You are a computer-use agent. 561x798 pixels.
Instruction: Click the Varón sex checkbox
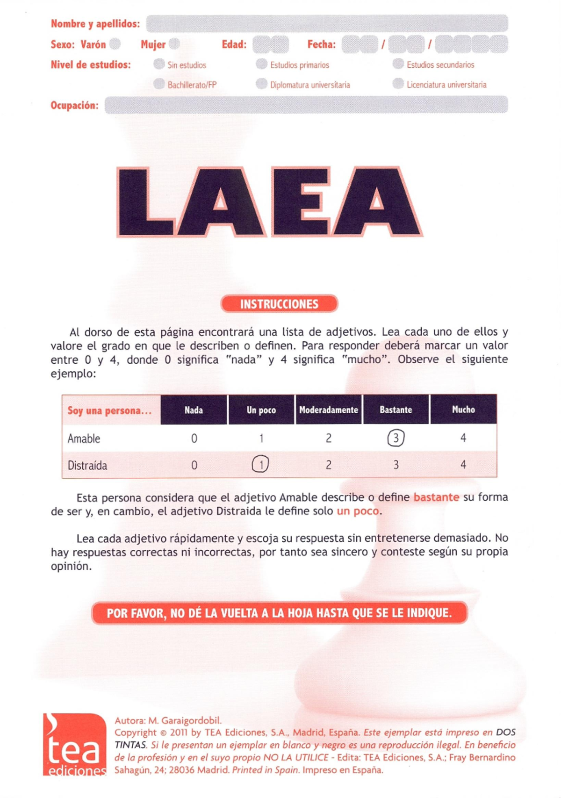(115, 44)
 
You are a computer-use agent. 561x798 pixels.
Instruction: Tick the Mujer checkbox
(174, 44)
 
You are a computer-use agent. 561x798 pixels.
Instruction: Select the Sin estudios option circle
(159, 64)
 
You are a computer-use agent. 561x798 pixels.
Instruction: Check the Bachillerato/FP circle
(159, 84)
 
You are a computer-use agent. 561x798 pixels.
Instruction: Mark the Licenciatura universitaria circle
(398, 84)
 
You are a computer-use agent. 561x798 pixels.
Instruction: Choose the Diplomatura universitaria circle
(262, 84)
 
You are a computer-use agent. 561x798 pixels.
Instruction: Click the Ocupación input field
(306, 105)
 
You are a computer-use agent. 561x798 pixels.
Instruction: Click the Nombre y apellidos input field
(327, 23)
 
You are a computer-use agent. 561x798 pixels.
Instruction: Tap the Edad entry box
(271, 45)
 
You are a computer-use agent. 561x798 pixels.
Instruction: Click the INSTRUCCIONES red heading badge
(279, 304)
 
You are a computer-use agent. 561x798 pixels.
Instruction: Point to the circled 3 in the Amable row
(396, 438)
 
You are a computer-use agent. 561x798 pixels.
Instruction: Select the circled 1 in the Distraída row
(260, 464)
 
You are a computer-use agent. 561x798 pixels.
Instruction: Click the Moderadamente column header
(328, 410)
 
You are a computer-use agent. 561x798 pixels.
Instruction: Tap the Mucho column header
(463, 410)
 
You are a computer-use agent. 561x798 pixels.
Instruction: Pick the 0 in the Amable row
(194, 439)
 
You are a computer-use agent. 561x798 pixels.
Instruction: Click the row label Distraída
(87, 466)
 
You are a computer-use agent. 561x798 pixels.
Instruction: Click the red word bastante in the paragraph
(436, 497)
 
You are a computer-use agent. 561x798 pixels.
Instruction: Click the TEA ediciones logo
(75, 745)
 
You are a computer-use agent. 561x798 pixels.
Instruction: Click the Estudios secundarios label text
(440, 65)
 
